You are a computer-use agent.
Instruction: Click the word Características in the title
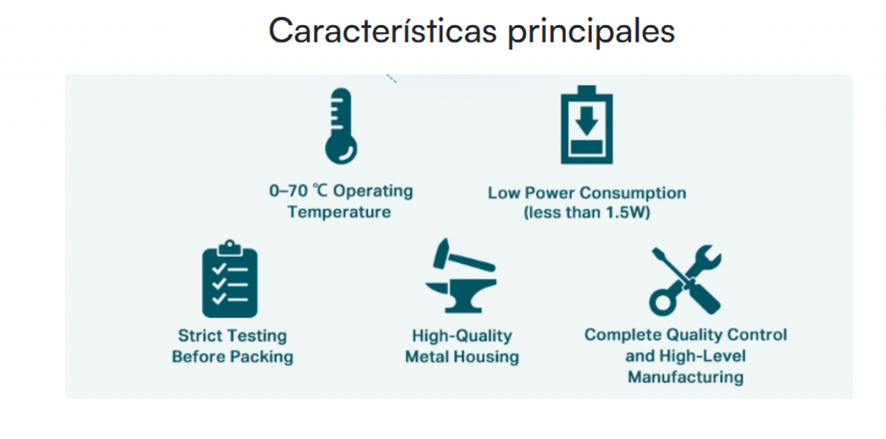click(x=382, y=32)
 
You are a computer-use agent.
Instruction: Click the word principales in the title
click(x=591, y=34)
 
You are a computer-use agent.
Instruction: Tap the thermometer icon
click(x=341, y=126)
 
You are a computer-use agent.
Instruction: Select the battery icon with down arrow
click(x=587, y=125)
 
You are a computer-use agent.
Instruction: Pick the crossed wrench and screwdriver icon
click(x=685, y=280)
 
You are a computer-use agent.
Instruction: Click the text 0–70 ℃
click(x=298, y=191)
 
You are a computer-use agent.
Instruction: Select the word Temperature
click(x=339, y=212)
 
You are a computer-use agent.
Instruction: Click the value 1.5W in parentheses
click(x=628, y=214)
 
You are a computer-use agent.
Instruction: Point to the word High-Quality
click(x=462, y=336)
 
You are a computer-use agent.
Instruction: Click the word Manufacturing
click(x=685, y=377)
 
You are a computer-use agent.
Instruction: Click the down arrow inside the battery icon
click(x=587, y=119)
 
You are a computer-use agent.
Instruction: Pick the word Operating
click(x=372, y=191)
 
